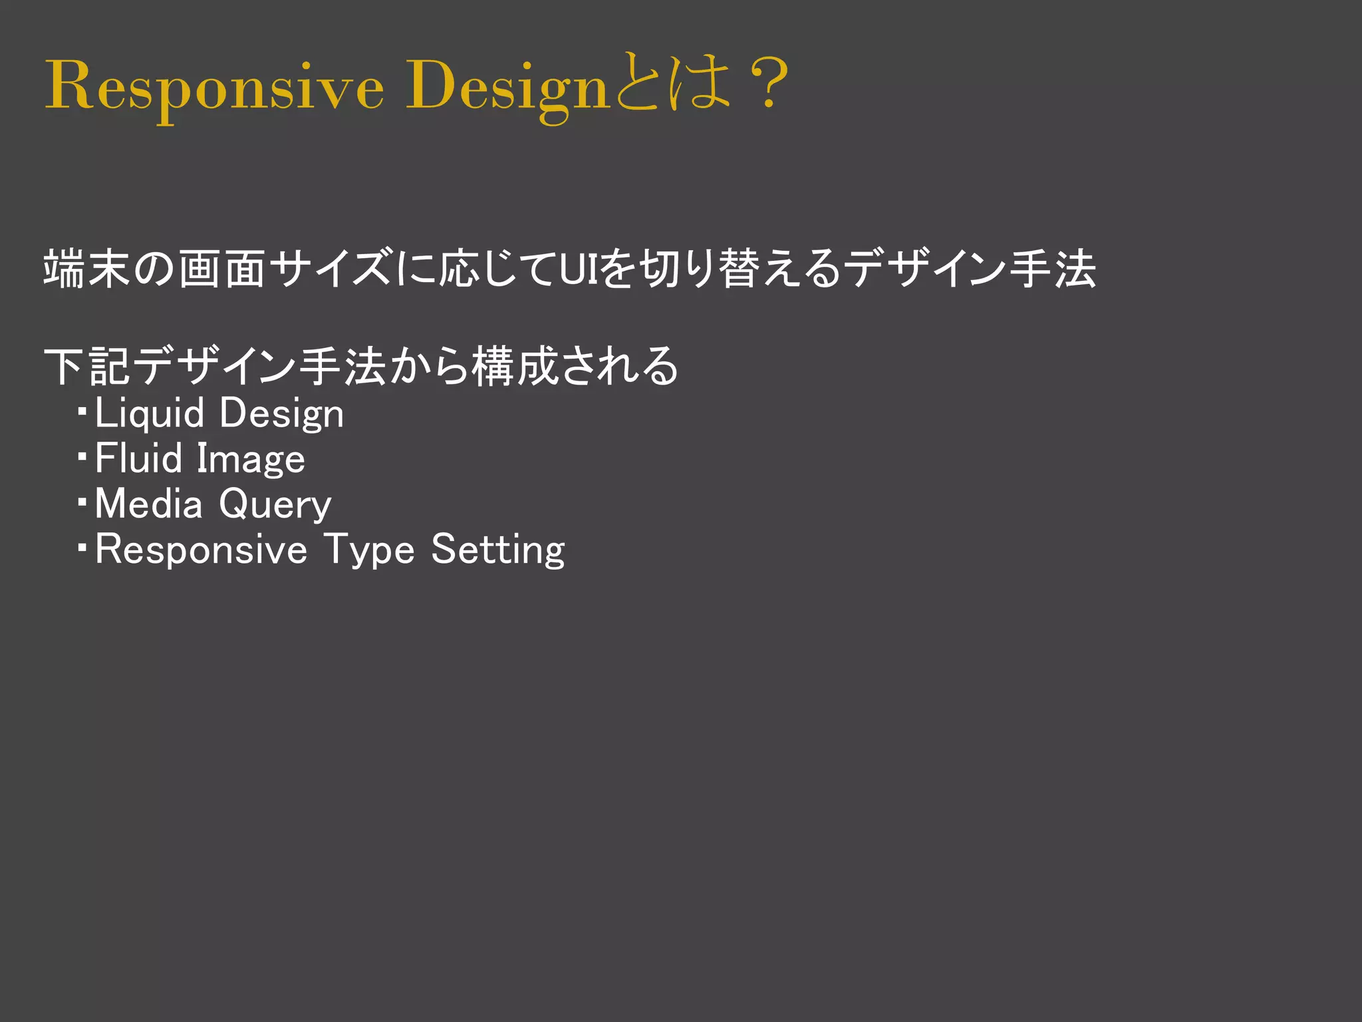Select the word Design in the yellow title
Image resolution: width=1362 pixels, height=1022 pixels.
pos(507,86)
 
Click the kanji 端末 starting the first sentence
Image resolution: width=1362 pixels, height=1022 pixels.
pos(87,269)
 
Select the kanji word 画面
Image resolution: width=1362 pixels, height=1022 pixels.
pos(222,269)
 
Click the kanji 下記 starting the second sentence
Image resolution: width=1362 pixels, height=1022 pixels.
pos(87,367)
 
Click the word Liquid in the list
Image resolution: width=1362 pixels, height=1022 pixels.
pos(150,414)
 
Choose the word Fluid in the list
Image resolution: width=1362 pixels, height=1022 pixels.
pos(138,459)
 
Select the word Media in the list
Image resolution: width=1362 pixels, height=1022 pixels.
pos(148,504)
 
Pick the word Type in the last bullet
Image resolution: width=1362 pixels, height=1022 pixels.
pos(369,551)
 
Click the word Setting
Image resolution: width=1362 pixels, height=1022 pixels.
pos(498,551)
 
